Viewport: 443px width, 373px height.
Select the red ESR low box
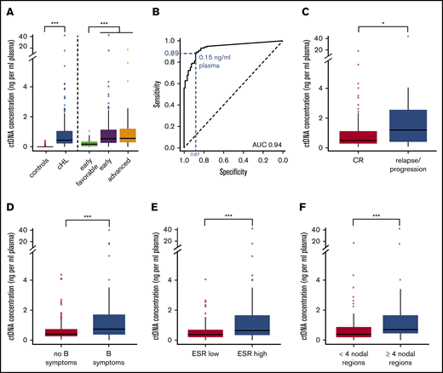pyautogui.click(x=204, y=333)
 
